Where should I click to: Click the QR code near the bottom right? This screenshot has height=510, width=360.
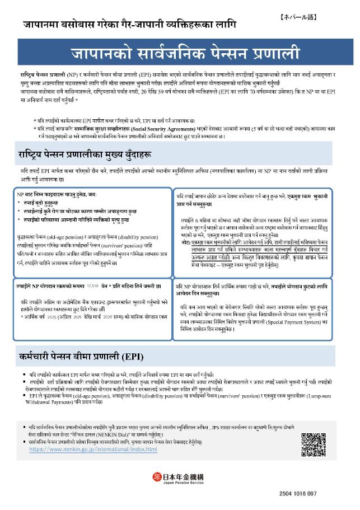point(314,445)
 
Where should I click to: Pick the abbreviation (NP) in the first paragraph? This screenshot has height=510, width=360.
point(72,74)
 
